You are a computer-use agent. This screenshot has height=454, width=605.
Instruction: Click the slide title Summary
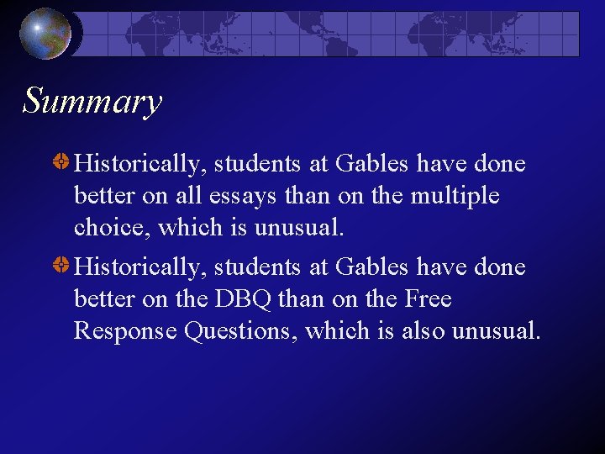pyautogui.click(x=92, y=102)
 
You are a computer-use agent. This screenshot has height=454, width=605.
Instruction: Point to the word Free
pyautogui.click(x=429, y=299)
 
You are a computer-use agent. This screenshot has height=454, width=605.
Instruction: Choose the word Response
pyautogui.click(x=125, y=331)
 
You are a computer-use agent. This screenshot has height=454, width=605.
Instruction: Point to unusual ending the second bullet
pyautogui.click(x=496, y=331)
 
